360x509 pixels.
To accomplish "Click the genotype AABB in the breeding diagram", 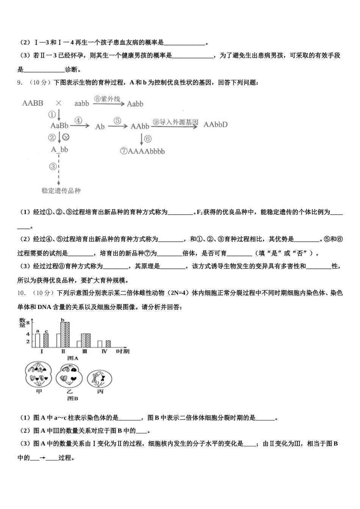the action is pyautogui.click(x=33, y=103).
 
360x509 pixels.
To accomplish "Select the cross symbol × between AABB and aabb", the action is pyautogui.click(x=59, y=103).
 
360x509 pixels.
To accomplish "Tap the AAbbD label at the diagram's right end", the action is pyautogui.click(x=216, y=125).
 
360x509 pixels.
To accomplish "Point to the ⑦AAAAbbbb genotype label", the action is pyautogui.click(x=142, y=151).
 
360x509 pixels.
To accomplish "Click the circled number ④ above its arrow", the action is pyautogui.click(x=78, y=120).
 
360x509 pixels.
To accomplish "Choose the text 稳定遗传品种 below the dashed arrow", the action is pyautogui.click(x=61, y=191).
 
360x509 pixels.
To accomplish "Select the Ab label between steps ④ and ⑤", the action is pyautogui.click(x=100, y=126).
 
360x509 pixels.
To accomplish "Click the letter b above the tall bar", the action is pyautogui.click(x=63, y=319).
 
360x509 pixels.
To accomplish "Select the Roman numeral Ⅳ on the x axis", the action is pyautogui.click(x=104, y=351).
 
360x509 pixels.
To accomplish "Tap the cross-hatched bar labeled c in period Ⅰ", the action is pyautogui.click(x=46, y=340).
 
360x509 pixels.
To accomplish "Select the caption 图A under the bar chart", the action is pyautogui.click(x=72, y=358).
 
